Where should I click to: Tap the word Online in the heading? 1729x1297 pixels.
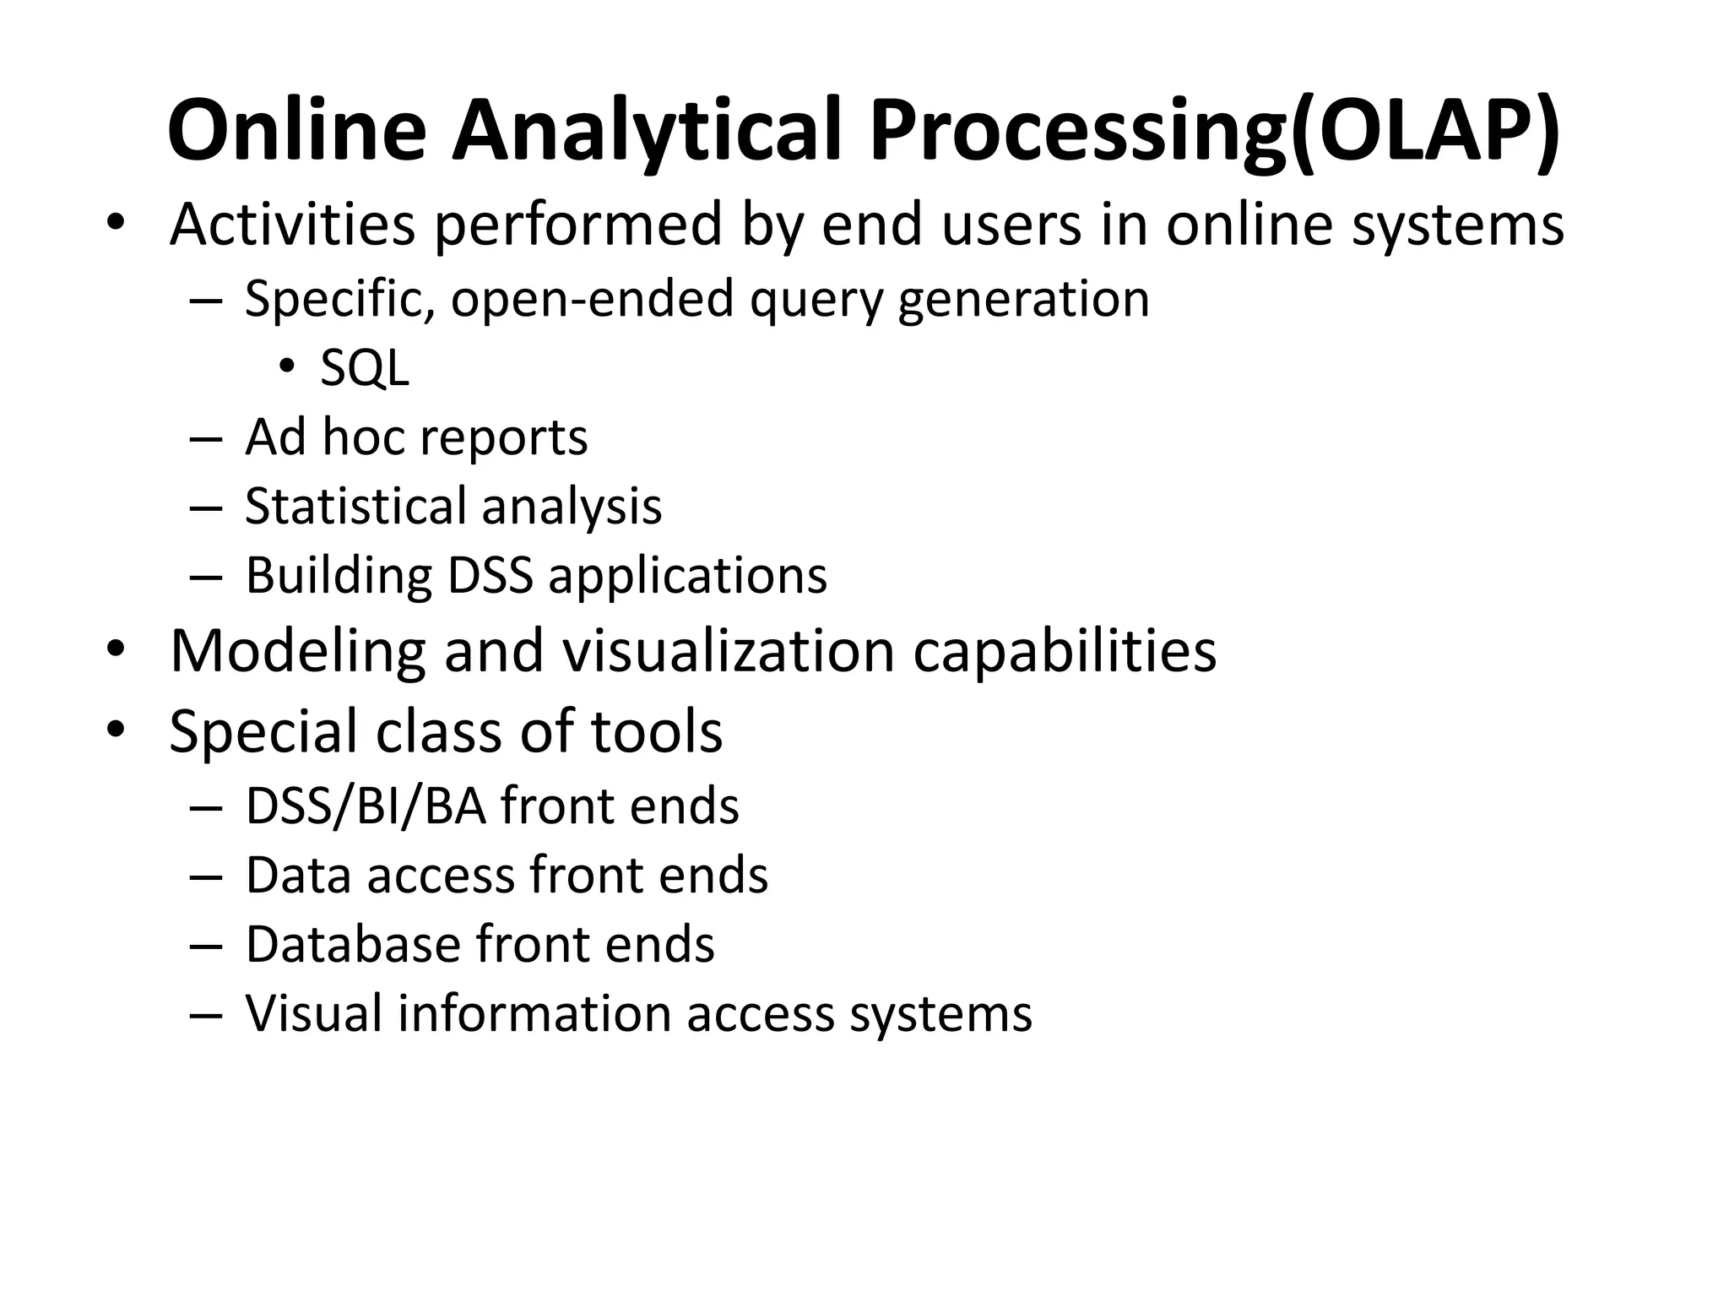point(296,131)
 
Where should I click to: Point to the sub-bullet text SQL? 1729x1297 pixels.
point(365,368)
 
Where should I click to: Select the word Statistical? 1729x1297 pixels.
point(355,507)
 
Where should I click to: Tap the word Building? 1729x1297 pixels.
point(338,576)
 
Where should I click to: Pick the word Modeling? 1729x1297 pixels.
point(297,652)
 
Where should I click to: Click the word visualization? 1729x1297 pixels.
point(728,652)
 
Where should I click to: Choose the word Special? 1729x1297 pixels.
point(263,731)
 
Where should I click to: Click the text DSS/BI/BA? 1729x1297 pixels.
point(366,806)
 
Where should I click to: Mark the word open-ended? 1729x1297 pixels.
point(592,299)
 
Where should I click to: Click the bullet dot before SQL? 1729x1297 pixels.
point(287,366)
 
